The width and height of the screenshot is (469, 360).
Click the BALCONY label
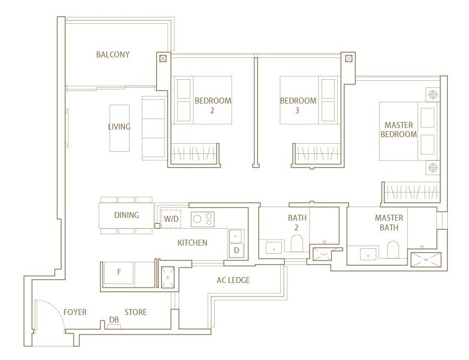click(113, 54)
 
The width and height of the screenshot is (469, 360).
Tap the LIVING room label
click(119, 126)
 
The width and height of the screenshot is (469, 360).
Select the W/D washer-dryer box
click(171, 219)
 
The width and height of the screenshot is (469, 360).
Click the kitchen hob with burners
click(202, 219)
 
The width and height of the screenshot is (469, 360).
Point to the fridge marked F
click(119, 272)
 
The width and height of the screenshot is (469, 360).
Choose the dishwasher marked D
click(236, 250)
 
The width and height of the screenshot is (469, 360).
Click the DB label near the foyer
click(114, 320)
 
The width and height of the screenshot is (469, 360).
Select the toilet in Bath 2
click(297, 243)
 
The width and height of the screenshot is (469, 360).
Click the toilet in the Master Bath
click(393, 249)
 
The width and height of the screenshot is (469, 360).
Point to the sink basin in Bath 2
click(274, 248)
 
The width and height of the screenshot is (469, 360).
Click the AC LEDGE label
click(233, 280)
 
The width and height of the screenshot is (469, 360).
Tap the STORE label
click(136, 312)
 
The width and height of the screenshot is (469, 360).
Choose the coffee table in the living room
click(120, 128)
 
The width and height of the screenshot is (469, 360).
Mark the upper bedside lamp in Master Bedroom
click(433, 95)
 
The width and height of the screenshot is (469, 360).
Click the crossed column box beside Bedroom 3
click(349, 59)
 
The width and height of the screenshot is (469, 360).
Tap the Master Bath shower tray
click(426, 260)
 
